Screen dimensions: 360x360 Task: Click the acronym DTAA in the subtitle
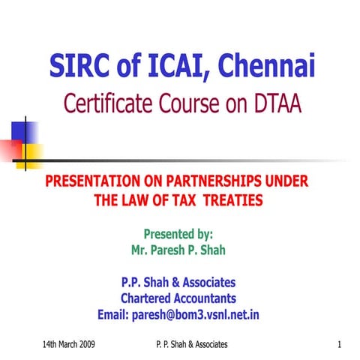[275, 105]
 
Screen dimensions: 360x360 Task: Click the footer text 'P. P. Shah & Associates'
[187, 343]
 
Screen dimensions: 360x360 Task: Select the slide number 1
[339, 343]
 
